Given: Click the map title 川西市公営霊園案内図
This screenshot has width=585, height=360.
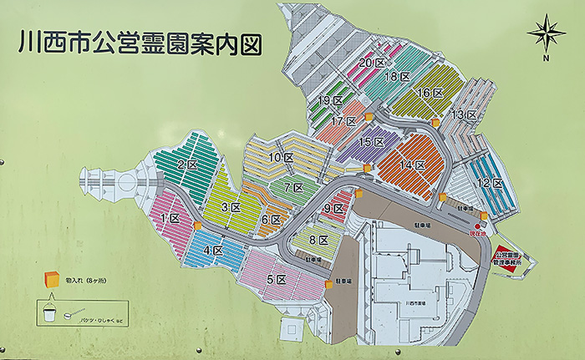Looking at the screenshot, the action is tap(139, 42).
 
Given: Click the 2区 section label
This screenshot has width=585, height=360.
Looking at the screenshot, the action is tap(186, 164).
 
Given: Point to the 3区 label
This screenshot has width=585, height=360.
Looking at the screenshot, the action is tap(231, 206).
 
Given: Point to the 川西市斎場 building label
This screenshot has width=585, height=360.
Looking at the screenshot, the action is tap(412, 302).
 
